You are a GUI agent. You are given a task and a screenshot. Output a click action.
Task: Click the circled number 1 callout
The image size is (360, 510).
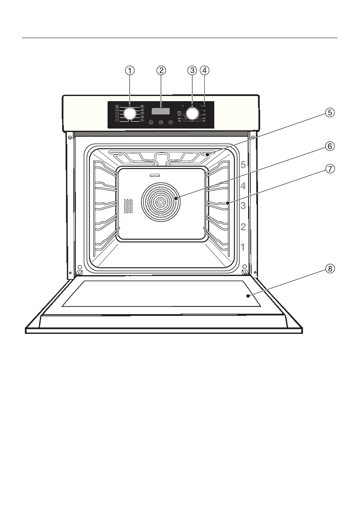[130, 70]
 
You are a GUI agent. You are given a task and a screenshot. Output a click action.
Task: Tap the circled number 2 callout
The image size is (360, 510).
[161, 70]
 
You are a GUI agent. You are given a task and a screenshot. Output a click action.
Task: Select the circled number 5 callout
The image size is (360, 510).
[329, 113]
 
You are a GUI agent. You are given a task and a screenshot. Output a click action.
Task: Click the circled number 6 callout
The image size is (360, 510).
[329, 146]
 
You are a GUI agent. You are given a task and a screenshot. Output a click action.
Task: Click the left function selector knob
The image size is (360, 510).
[130, 114]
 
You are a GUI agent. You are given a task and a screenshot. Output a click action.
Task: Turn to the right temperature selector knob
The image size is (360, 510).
[192, 114]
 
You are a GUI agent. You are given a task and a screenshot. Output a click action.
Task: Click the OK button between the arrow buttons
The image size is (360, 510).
[161, 123]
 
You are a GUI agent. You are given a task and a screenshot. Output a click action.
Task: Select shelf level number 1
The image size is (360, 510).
[243, 247]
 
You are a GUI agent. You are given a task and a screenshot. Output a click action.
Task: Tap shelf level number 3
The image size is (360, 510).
[243, 206]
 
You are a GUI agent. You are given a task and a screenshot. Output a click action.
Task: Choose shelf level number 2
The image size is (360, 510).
[243, 227]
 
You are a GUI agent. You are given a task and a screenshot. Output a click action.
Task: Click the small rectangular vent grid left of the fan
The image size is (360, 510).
[127, 206]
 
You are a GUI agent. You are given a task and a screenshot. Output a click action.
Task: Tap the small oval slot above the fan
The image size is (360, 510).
[154, 175]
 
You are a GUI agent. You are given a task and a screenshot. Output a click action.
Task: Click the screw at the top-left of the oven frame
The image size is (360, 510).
[69, 138]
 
